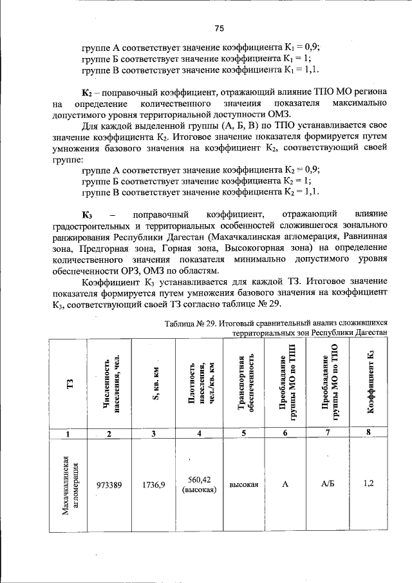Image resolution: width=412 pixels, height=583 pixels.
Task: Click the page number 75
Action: (x=219, y=28)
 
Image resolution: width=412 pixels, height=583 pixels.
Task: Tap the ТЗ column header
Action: (x=70, y=384)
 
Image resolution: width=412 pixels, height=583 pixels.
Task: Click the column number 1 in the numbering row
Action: (x=70, y=434)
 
